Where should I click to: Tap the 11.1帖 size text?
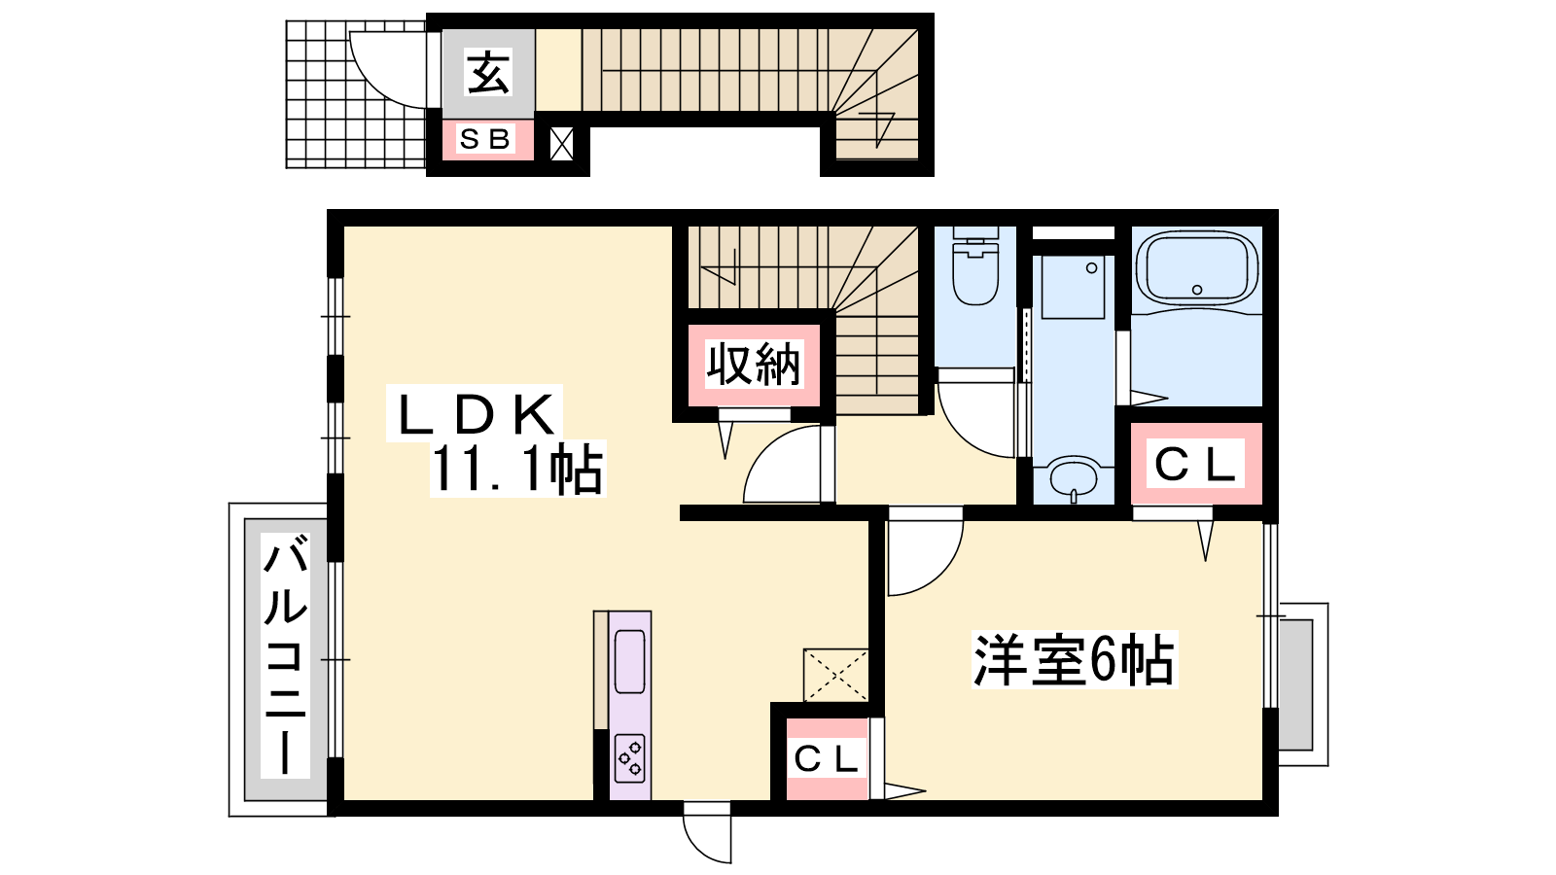pyautogui.click(x=517, y=469)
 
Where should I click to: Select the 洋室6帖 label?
pyautogui.click(x=1074, y=660)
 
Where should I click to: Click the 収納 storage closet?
pyautogui.click(x=754, y=365)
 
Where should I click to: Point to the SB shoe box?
pyautogui.click(x=486, y=140)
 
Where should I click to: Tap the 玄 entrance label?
pyautogui.click(x=487, y=73)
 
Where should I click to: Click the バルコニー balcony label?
pyautogui.click(x=285, y=655)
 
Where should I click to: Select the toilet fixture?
pyautogui.click(x=975, y=266)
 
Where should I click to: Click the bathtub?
pyautogui.click(x=1196, y=268)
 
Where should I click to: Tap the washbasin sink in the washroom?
pyautogui.click(x=1074, y=478)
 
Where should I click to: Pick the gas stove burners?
pyautogui.click(x=630, y=758)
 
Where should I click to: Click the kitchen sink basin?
pyautogui.click(x=630, y=661)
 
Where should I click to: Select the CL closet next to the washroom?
pyautogui.click(x=1196, y=463)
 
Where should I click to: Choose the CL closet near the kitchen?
pyautogui.click(x=827, y=759)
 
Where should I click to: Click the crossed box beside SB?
pyautogui.click(x=561, y=144)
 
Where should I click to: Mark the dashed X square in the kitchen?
pyautogui.click(x=835, y=675)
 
